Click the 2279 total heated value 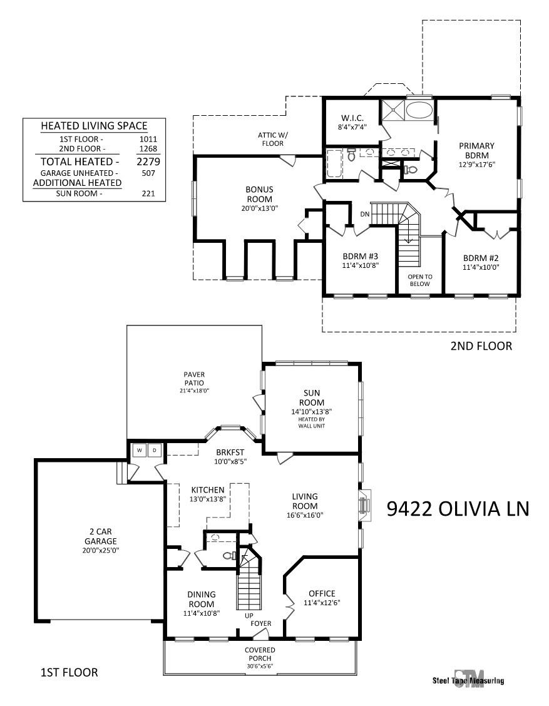coord(148,161)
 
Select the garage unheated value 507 coord(148,173)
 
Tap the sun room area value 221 coord(148,193)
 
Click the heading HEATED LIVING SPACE coord(94,126)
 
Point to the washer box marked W coord(139,450)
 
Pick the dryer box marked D coord(154,450)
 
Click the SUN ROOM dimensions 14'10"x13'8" coord(312,412)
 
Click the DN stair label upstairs coord(365,214)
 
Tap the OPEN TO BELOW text coord(420,280)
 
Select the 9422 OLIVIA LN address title coord(458,508)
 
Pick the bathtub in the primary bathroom coord(419,110)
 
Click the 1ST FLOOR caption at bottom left coord(69,672)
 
